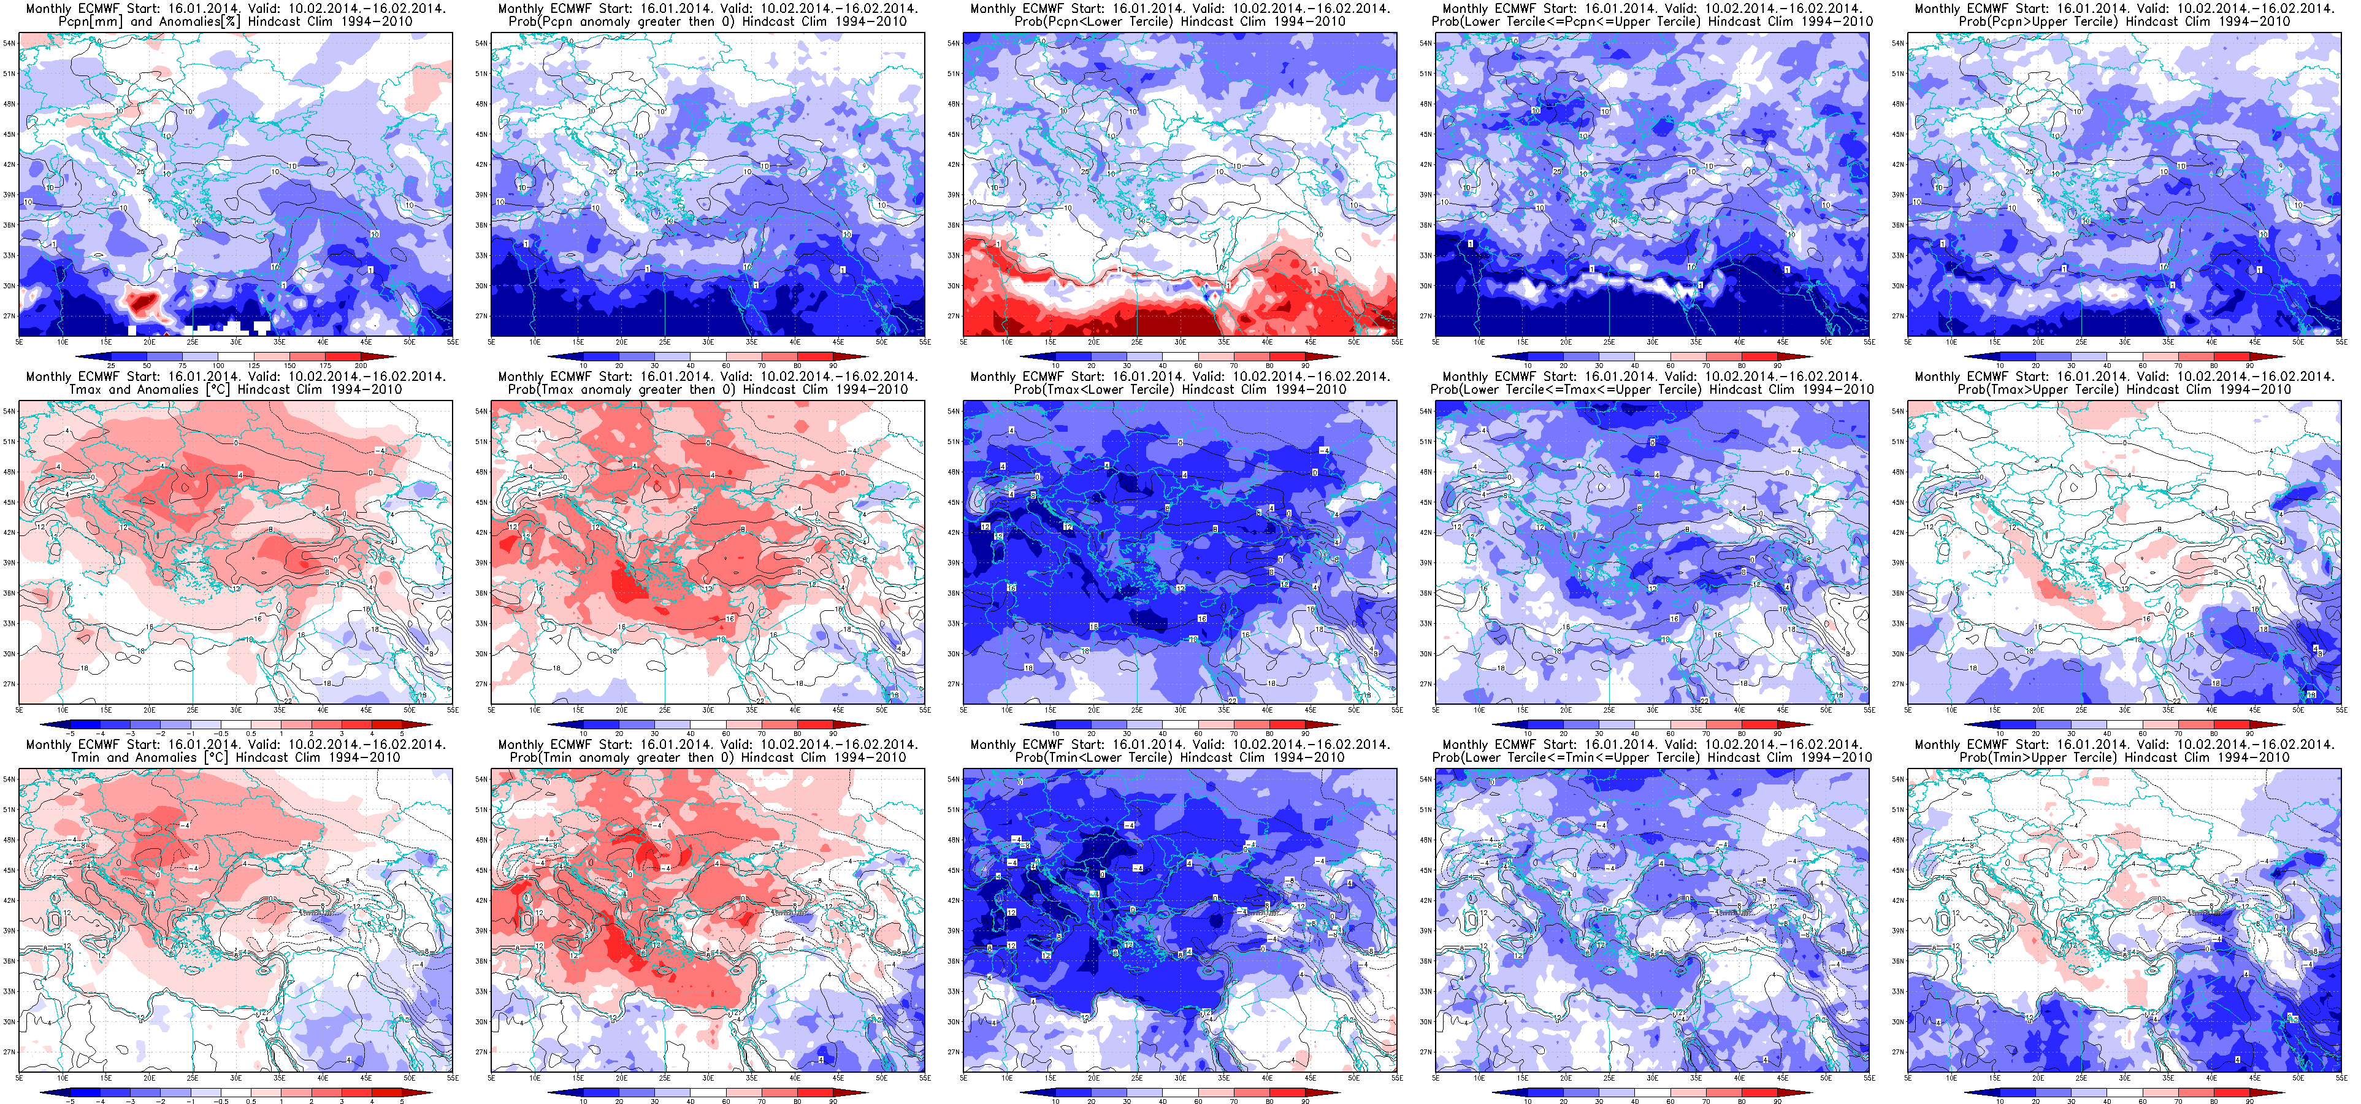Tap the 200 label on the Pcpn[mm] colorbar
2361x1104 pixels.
coord(361,366)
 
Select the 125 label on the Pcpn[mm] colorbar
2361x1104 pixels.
coord(254,366)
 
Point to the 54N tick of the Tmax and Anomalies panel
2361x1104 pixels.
coord(9,411)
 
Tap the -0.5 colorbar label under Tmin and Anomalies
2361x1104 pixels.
coord(222,1100)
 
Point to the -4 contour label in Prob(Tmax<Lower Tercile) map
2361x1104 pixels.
coord(1323,450)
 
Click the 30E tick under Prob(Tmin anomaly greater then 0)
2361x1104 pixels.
coord(708,1078)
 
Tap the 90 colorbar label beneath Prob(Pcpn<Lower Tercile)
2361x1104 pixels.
coord(1305,366)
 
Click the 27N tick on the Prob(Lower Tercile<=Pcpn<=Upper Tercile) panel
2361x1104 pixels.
coord(1425,316)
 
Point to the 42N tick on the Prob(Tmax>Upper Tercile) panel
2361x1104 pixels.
coord(1898,533)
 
